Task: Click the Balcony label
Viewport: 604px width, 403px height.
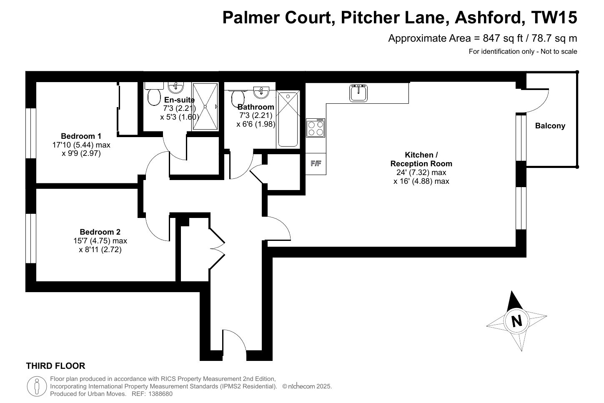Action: tap(550, 126)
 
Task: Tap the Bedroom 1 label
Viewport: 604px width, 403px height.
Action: tap(81, 136)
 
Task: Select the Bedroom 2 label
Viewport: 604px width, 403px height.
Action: tap(100, 232)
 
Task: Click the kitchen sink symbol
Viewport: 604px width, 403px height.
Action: tap(358, 93)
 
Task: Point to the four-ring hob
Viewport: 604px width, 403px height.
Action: tap(316, 128)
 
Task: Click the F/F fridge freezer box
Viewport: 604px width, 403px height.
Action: tap(316, 164)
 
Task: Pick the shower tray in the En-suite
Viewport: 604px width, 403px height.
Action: tap(205, 106)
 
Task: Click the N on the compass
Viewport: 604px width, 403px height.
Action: tap(516, 321)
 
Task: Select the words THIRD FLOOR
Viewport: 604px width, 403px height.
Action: tap(55, 366)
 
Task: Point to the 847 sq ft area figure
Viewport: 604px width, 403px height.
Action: tap(503, 38)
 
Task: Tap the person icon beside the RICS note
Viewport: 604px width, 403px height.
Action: tap(37, 386)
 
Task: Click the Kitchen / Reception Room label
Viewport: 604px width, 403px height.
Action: tap(421, 159)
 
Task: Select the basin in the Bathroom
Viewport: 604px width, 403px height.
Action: tap(261, 92)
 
